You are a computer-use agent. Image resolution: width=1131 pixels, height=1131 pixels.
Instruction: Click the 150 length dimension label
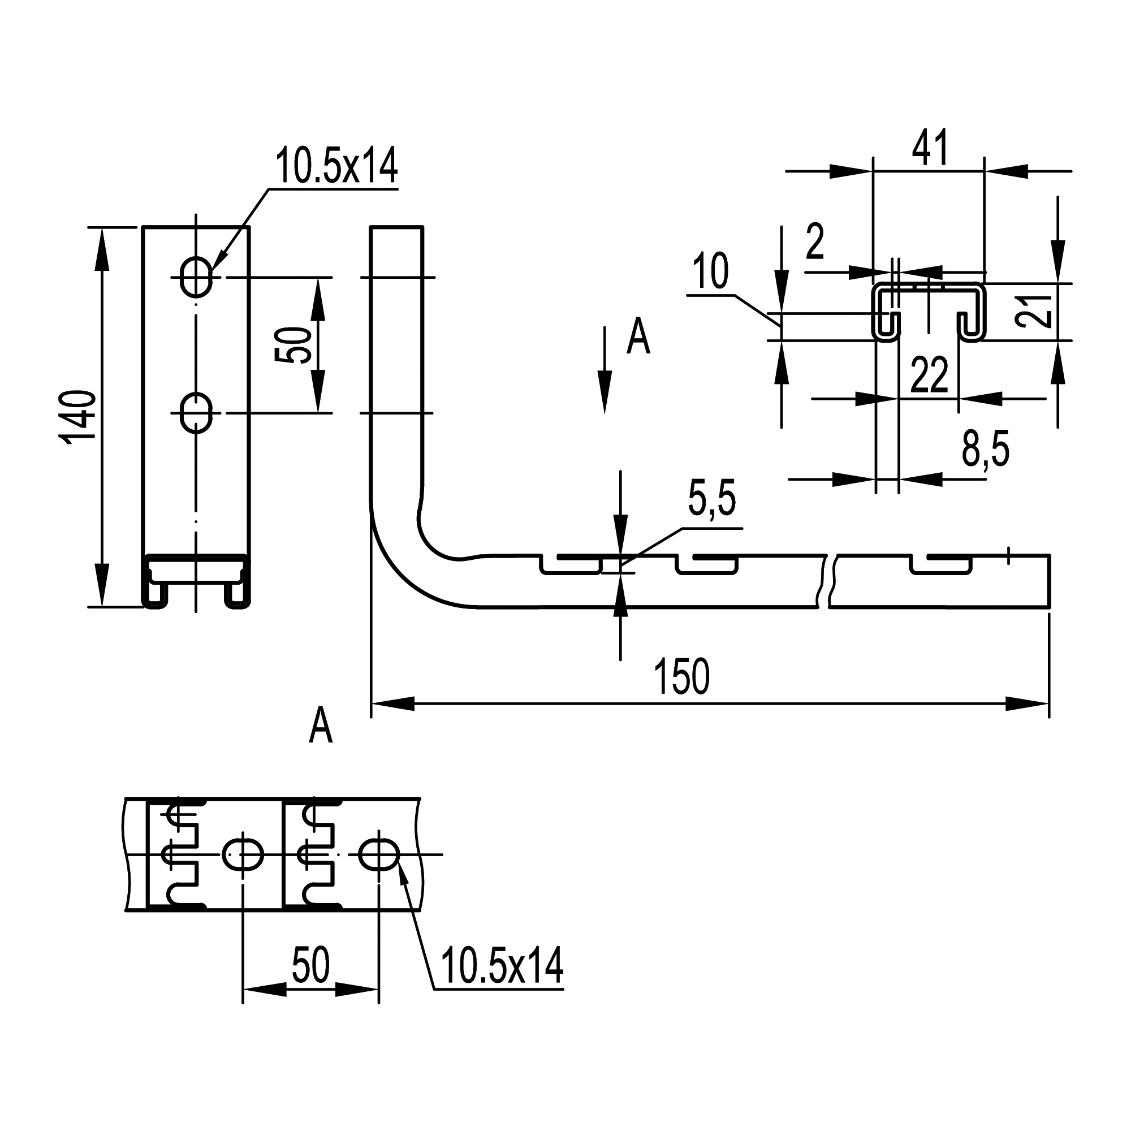682,677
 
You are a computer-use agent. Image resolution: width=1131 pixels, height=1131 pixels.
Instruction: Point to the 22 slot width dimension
930,375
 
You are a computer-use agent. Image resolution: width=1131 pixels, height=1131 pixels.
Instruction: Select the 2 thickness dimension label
815,241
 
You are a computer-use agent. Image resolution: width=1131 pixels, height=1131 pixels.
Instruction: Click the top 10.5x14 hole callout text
336,166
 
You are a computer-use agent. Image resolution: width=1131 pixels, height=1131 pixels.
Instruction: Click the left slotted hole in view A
243,854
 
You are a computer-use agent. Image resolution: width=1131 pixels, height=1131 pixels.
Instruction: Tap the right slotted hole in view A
379,854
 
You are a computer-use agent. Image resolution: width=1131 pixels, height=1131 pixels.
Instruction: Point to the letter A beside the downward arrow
638,338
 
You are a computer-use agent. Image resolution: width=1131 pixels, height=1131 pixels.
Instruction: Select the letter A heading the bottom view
321,726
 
